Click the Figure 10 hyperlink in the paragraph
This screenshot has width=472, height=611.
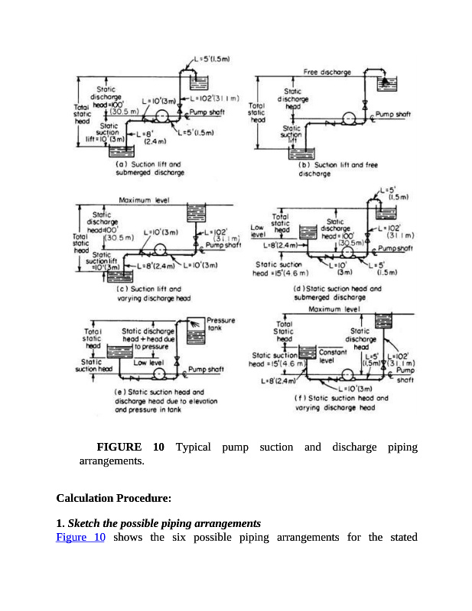[x=80, y=537]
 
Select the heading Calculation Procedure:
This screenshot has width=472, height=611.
[x=113, y=498]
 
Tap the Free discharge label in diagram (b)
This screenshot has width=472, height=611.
[x=327, y=72]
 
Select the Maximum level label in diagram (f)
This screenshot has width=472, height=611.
[x=334, y=310]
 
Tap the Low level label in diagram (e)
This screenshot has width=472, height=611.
[x=151, y=363]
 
